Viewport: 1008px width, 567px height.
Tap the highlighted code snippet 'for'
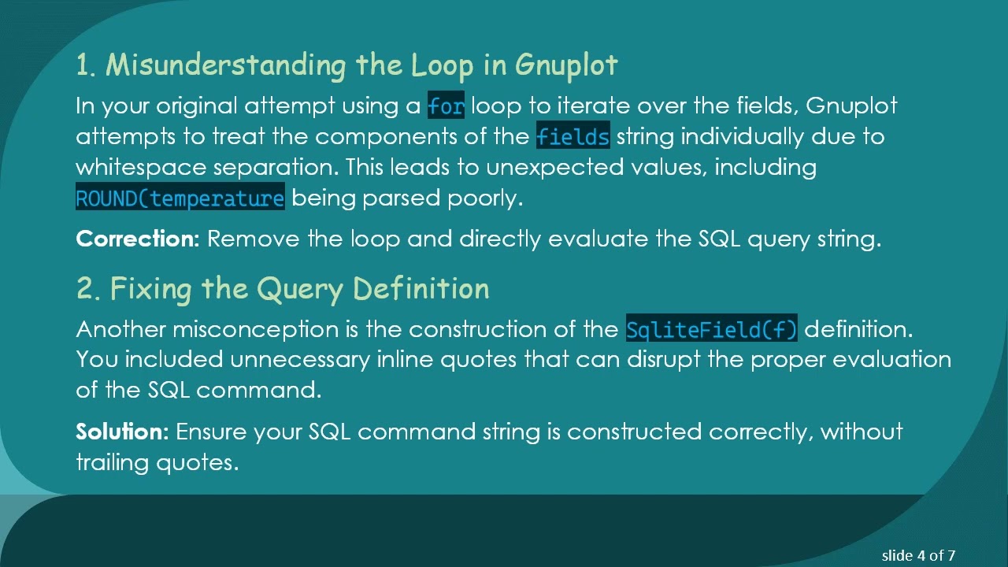(x=446, y=106)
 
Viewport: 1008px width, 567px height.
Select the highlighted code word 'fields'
(x=573, y=136)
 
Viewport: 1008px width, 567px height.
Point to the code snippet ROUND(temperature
(x=180, y=198)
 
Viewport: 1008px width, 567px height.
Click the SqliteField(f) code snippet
(x=711, y=328)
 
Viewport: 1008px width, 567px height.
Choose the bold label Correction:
(x=138, y=239)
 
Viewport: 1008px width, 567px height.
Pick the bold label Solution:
(x=122, y=432)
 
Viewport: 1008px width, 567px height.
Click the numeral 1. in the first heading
(x=86, y=65)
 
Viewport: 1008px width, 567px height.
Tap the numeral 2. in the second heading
(x=88, y=289)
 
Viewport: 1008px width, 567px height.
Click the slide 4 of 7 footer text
(x=918, y=555)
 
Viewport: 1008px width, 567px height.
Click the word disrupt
(x=661, y=360)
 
